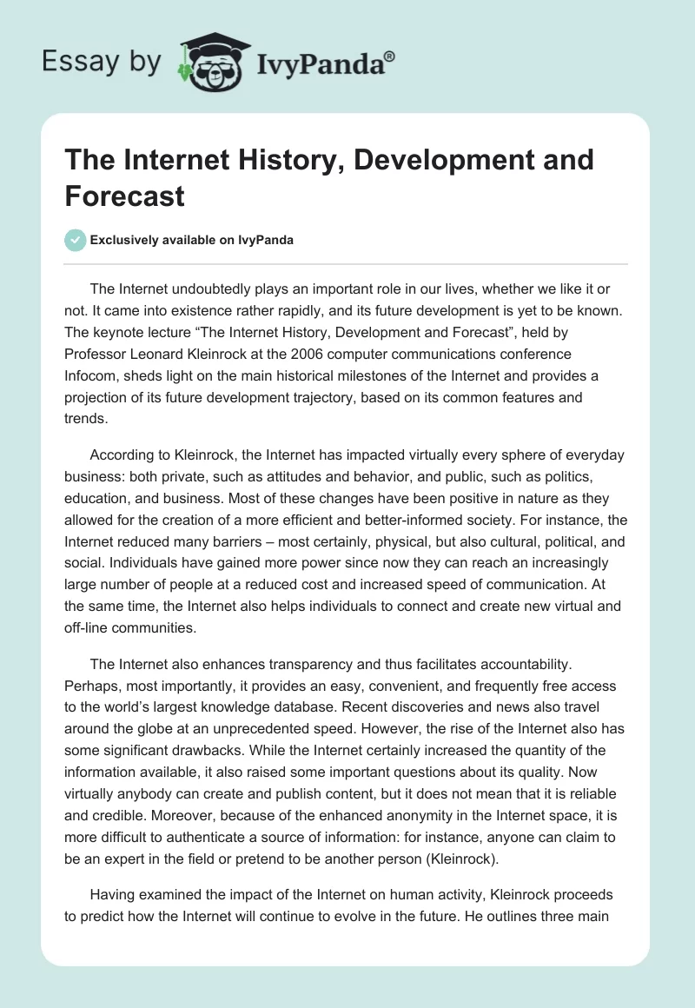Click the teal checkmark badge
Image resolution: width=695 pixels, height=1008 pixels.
(x=76, y=240)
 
